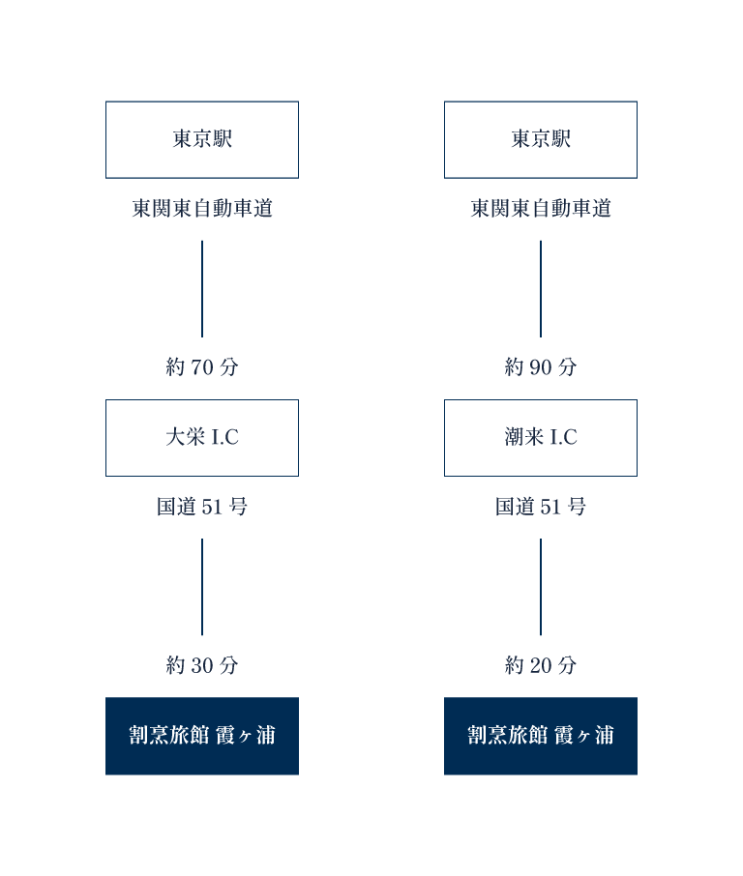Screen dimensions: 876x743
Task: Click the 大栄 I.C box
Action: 202,438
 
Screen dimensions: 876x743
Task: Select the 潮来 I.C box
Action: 541,438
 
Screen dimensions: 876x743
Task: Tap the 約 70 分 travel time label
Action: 202,367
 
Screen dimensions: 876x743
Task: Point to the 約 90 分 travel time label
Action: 541,367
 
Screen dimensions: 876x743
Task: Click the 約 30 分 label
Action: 202,666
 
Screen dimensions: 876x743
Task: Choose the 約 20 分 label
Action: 541,666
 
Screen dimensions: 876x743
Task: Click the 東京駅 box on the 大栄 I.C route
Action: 202,139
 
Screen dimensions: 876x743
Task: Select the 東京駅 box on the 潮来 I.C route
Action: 541,139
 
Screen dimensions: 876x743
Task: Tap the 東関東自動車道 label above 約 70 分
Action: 202,209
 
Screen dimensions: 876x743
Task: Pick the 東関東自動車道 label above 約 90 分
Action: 541,209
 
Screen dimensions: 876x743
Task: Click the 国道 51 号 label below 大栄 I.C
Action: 202,508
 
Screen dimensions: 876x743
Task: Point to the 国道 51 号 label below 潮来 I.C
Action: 541,508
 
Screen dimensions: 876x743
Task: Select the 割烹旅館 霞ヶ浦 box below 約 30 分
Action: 202,736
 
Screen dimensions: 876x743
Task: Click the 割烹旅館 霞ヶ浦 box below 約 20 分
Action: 541,736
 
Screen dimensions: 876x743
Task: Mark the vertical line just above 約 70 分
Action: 202,288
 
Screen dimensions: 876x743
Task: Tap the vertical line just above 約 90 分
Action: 541,288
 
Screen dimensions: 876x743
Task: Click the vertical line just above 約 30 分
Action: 202,587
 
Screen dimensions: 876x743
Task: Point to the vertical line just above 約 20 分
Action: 541,587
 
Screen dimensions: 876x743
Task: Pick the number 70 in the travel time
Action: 202,367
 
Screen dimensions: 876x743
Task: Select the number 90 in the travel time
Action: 541,367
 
